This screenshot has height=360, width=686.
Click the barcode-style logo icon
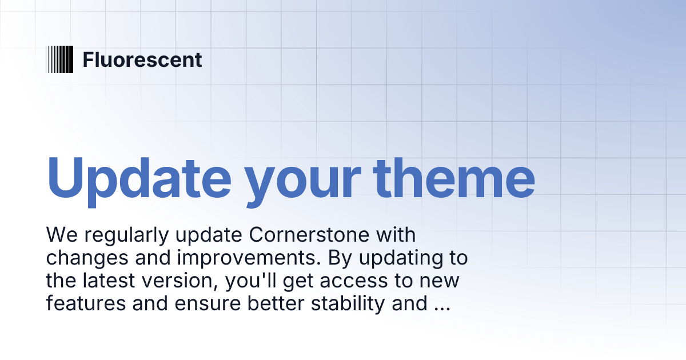pos(59,59)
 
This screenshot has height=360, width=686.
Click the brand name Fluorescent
pos(142,59)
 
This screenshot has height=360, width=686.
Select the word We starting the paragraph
pos(59,235)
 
